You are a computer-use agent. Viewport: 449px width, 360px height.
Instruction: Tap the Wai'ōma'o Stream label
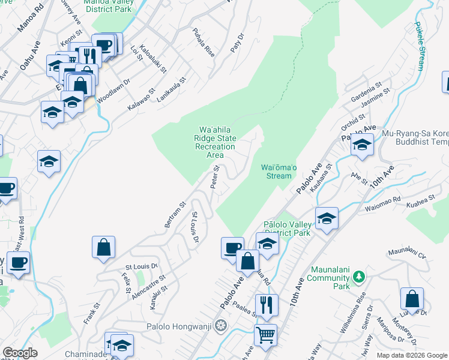[277, 172]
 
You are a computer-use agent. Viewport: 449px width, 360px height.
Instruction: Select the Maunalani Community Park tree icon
[358, 276]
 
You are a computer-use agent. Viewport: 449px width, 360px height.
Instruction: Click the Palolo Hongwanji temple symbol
[221, 326]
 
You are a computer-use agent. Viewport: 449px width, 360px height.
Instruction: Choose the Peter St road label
[215, 178]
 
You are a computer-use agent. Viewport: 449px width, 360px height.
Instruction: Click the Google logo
[20, 353]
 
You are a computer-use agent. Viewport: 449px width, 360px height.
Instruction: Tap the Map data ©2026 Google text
[411, 355]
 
